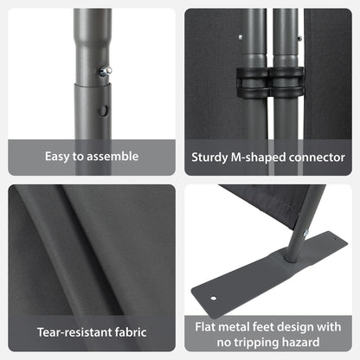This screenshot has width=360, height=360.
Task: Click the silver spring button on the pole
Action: pyautogui.click(x=106, y=71)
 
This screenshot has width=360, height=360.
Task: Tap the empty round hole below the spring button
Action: pyautogui.click(x=103, y=111)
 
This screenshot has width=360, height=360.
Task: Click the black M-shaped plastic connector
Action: pyautogui.click(x=270, y=83)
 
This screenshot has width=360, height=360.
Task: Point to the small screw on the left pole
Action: pyautogui.click(x=240, y=37)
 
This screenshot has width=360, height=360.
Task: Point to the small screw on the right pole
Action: pyautogui.click(x=300, y=37)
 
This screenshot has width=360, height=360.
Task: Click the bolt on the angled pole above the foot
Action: pyautogui.click(x=305, y=233)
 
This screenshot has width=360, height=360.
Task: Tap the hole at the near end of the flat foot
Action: pyautogui.click(x=214, y=298)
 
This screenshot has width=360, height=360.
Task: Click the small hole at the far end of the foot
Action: pyautogui.click(x=335, y=239)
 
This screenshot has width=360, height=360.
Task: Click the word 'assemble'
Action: pyautogui.click(x=112, y=157)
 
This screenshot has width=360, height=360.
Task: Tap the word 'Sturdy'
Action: pyautogui.click(x=209, y=157)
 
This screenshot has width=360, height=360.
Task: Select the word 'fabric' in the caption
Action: pyautogui.click(x=131, y=332)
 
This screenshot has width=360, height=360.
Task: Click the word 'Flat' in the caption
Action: pyautogui.click(x=205, y=327)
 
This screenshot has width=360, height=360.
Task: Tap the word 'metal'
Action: pyautogui.click(x=234, y=327)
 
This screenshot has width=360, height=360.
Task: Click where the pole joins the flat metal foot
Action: pyautogui.click(x=291, y=257)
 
